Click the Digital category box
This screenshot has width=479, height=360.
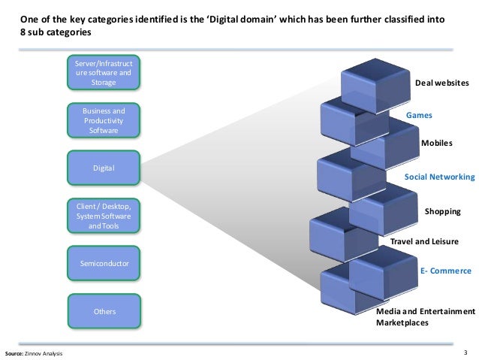coord(104,168)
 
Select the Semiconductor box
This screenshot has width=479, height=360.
coord(104,263)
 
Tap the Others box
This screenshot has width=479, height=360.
coord(104,311)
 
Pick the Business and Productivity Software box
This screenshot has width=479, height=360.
coord(104,120)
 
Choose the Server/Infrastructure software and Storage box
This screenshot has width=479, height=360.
coord(104,72)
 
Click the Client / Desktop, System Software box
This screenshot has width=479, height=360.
coord(104,216)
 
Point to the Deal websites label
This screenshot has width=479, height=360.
coord(441,83)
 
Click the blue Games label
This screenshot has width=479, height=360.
coord(419,115)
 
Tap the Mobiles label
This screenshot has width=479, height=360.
coord(436,143)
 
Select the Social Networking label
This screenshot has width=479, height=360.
coord(440,177)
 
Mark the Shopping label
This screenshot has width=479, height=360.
coord(442,211)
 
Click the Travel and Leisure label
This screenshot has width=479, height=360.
coord(424,241)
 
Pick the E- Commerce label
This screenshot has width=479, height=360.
coord(446,271)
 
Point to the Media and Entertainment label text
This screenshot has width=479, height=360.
coord(426,311)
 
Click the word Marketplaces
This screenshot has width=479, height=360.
coord(402,322)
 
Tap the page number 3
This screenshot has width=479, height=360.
coord(465,352)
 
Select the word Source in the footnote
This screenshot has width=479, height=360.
coord(14,353)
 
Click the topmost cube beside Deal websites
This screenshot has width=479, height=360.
coord(375,86)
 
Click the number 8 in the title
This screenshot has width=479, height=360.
coord(23,32)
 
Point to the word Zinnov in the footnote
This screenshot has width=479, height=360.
coord(33,353)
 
